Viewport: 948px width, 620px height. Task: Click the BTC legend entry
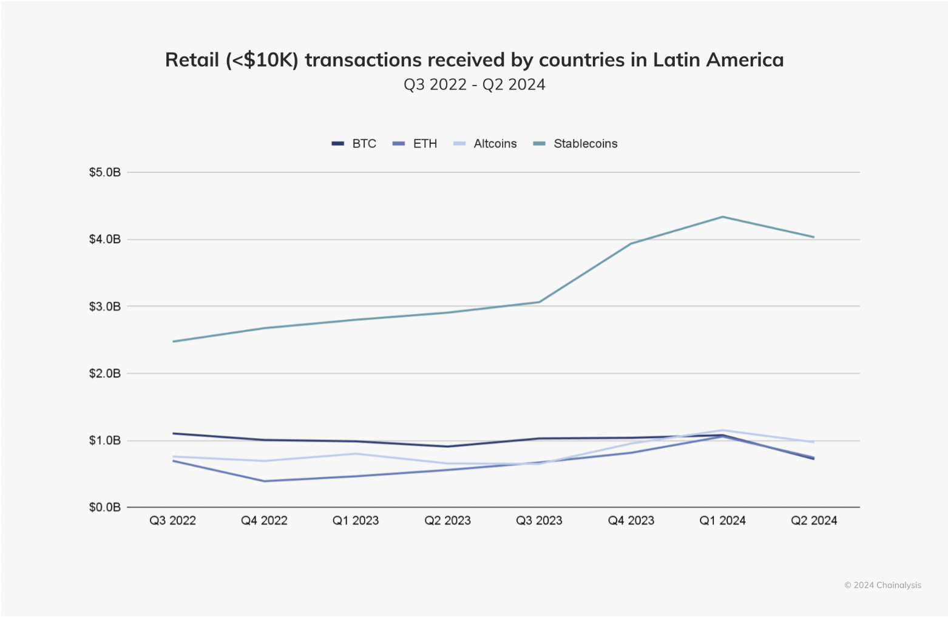(354, 144)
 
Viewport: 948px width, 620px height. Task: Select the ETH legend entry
(415, 144)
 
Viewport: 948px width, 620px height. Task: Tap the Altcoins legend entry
(486, 144)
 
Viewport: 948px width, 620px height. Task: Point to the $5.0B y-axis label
(105, 172)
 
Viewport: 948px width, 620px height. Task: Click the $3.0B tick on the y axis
(105, 306)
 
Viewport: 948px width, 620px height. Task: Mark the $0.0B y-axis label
(105, 507)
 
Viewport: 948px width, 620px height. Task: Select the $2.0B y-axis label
(105, 373)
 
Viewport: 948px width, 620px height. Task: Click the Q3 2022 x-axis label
(173, 521)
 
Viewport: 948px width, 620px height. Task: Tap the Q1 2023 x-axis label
(356, 521)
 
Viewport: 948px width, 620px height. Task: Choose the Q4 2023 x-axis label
(631, 521)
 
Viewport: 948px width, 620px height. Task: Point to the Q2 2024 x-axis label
(814, 521)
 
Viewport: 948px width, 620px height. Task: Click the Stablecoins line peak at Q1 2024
(722, 217)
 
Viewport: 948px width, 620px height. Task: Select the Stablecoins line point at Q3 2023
(539, 302)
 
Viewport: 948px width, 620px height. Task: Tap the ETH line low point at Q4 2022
(264, 481)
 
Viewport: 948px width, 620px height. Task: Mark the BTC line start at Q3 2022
(174, 433)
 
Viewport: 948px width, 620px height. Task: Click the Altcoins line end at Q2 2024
(814, 442)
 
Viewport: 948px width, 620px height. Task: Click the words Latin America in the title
(718, 60)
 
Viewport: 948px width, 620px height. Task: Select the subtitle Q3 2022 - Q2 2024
(474, 84)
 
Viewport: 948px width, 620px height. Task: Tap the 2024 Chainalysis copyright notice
(882, 585)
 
